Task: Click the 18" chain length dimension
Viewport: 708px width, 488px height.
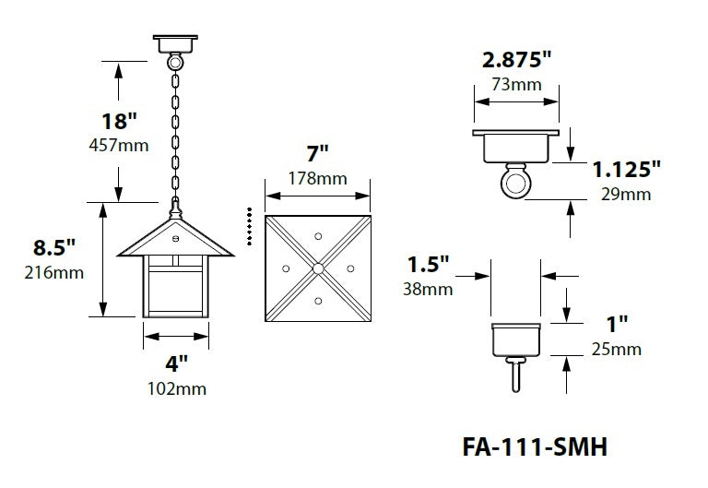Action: pyautogui.click(x=120, y=121)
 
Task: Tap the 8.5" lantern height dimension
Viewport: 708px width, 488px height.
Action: pyautogui.click(x=53, y=247)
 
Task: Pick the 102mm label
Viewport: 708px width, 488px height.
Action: pyautogui.click(x=176, y=388)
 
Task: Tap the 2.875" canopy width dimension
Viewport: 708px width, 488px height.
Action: pyautogui.click(x=516, y=61)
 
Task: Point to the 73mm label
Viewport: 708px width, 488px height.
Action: pyautogui.click(x=516, y=84)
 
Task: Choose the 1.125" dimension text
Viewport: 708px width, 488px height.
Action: pyautogui.click(x=627, y=169)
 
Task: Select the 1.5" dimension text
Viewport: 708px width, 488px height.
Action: pyautogui.click(x=428, y=265)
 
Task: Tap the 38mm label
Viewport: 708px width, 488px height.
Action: pyautogui.click(x=428, y=289)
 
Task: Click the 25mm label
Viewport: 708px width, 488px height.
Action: pyautogui.click(x=617, y=349)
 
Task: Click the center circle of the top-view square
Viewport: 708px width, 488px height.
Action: pyautogui.click(x=317, y=268)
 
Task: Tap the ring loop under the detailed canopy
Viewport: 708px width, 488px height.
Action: pyautogui.click(x=516, y=184)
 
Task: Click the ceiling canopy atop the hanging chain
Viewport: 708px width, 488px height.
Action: pyautogui.click(x=174, y=43)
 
